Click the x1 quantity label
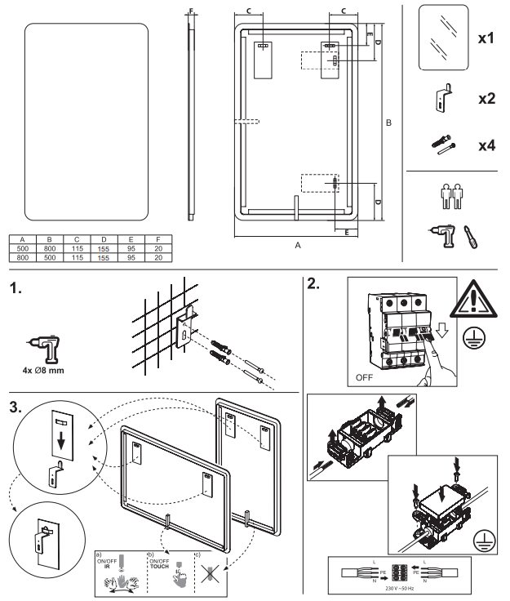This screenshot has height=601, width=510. click(x=486, y=38)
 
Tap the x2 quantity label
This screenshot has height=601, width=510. click(x=486, y=99)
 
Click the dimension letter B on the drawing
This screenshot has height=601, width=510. click(x=388, y=122)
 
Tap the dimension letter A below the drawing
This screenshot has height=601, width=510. click(x=298, y=243)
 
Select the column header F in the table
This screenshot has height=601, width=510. click(x=157, y=240)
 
